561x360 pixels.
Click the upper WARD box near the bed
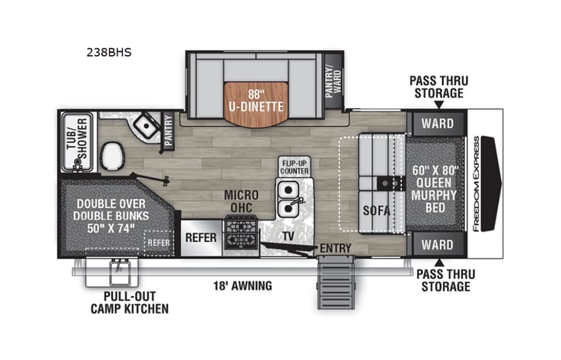pyautogui.click(x=435, y=123)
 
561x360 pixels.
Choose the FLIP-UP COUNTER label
pyautogui.click(x=295, y=168)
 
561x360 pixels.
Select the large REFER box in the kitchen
pyautogui.click(x=201, y=237)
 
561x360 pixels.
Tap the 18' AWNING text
pyautogui.click(x=243, y=286)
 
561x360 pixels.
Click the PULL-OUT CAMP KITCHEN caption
pyautogui.click(x=136, y=303)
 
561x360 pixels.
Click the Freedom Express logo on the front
pyautogui.click(x=477, y=183)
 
